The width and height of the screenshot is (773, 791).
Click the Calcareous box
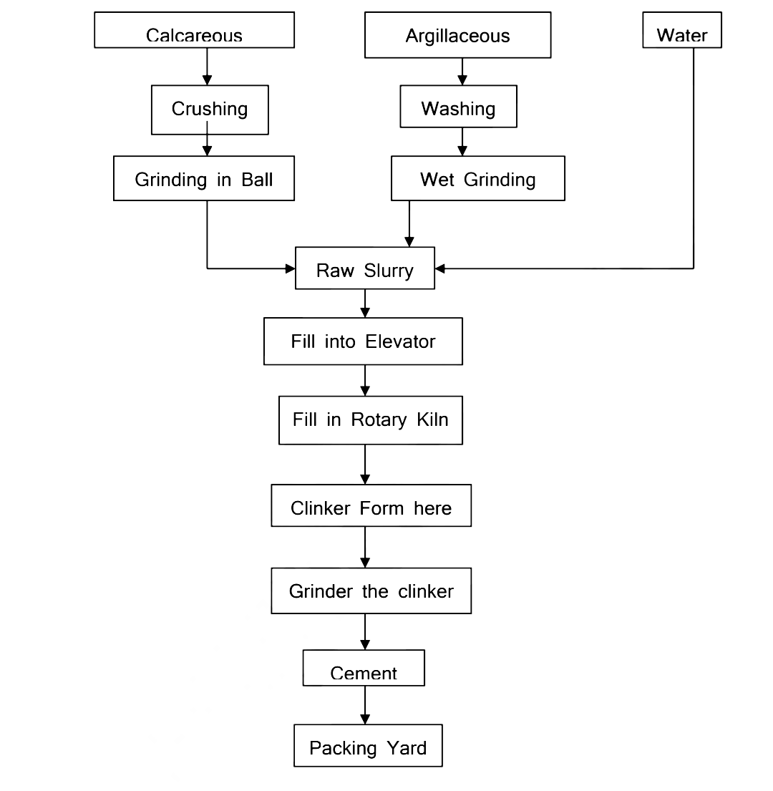click(x=194, y=31)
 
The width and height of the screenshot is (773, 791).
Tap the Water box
click(x=681, y=31)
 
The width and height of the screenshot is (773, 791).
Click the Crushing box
click(x=209, y=110)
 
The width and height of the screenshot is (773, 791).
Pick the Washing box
click(x=458, y=107)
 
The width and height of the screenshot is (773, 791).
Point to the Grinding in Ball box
click(x=203, y=179)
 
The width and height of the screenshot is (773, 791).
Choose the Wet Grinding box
click(x=477, y=179)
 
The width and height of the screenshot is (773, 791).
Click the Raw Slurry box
click(x=364, y=268)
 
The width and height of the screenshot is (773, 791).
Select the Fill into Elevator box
click(x=363, y=341)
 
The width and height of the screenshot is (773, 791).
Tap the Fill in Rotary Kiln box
click(x=370, y=421)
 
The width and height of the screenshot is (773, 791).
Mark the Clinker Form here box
click(x=371, y=506)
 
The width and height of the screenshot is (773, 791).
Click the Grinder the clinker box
click(x=371, y=591)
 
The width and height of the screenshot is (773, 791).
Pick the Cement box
click(x=364, y=668)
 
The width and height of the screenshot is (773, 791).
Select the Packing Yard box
click(x=368, y=747)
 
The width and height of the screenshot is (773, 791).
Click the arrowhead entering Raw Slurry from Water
click(x=440, y=268)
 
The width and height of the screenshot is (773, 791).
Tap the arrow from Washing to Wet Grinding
click(x=462, y=142)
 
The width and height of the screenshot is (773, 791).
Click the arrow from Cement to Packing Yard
click(x=365, y=705)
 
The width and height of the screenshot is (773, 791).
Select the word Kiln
click(x=432, y=419)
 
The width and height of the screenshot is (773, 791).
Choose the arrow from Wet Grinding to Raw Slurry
click(x=409, y=223)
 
